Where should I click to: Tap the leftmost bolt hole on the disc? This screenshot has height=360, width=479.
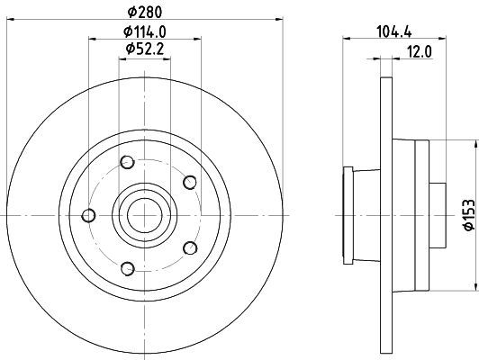click(x=88, y=214)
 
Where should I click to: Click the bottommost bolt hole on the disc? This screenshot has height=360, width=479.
click(x=127, y=267)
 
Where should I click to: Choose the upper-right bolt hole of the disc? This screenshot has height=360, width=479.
click(x=189, y=183)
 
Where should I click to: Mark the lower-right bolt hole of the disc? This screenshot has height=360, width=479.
click(x=189, y=247)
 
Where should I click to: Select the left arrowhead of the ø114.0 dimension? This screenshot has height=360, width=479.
click(x=93, y=37)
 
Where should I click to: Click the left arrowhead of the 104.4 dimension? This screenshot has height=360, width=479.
click(x=347, y=37)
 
